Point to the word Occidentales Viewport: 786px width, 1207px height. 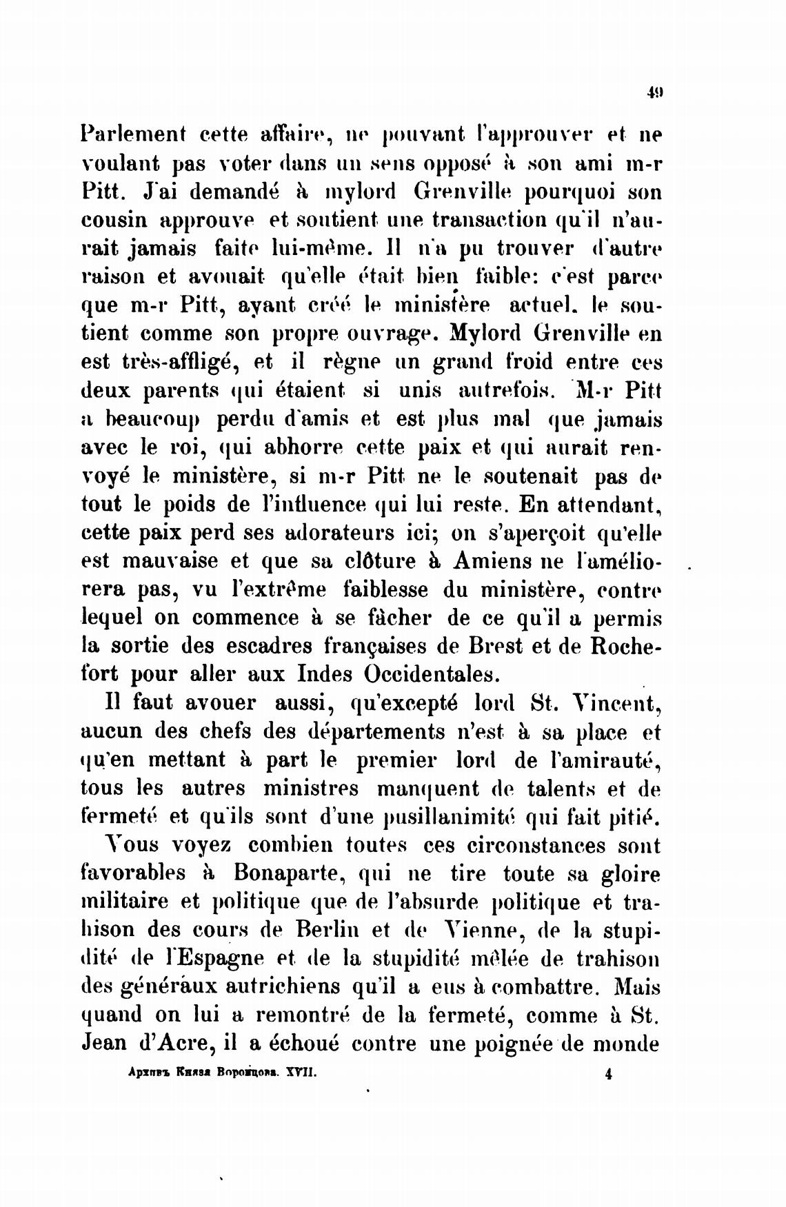[x=439, y=673]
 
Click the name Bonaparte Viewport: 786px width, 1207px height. [x=289, y=873]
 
